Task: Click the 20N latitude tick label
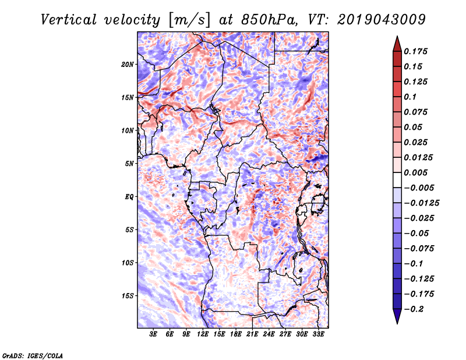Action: click(128, 64)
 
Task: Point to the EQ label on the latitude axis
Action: click(129, 196)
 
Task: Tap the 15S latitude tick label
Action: click(128, 295)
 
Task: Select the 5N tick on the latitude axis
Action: click(129, 164)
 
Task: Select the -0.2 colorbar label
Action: click(415, 309)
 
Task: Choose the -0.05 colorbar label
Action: click(417, 233)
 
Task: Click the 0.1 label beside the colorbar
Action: click(410, 97)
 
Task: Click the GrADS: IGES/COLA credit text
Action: click(32, 355)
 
